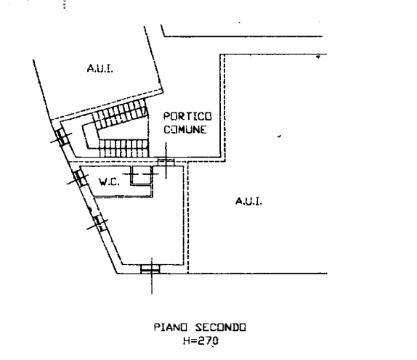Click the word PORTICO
click(x=187, y=116)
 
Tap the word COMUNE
click(x=185, y=130)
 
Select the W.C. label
click(x=109, y=182)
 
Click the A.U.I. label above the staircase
click(x=100, y=68)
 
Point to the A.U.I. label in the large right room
click(x=249, y=201)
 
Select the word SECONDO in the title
click(x=220, y=327)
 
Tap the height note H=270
click(x=201, y=340)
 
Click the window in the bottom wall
click(x=150, y=269)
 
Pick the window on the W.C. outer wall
click(x=80, y=178)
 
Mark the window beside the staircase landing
click(x=62, y=137)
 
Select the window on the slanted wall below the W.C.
click(x=99, y=223)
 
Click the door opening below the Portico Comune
click(x=166, y=161)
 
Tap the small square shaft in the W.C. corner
click(x=141, y=175)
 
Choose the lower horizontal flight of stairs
click(x=124, y=148)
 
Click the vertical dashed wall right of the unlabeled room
click(x=188, y=217)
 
